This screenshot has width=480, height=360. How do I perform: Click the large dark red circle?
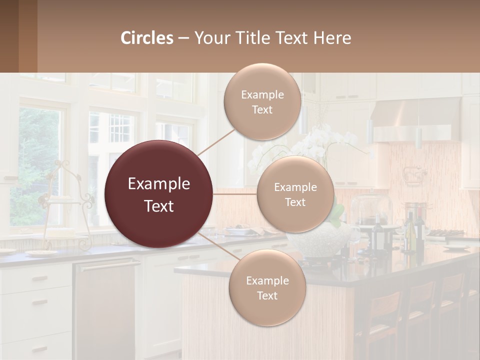[159, 194]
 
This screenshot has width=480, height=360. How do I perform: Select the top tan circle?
[262, 102]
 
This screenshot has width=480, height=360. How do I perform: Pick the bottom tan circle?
[267, 287]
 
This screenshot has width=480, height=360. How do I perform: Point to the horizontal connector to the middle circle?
[235, 194]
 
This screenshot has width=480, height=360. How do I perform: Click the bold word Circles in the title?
[147, 38]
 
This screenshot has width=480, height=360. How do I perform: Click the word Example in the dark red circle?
[159, 184]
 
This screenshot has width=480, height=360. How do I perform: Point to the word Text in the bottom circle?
[267, 295]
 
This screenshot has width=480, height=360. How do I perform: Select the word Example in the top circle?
[262, 94]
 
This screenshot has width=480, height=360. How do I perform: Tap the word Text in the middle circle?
[295, 202]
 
